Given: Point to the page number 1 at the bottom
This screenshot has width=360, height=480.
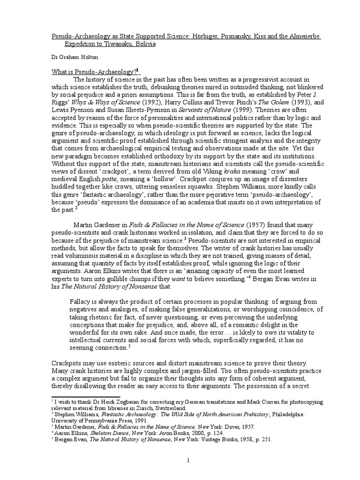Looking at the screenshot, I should [187, 449].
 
